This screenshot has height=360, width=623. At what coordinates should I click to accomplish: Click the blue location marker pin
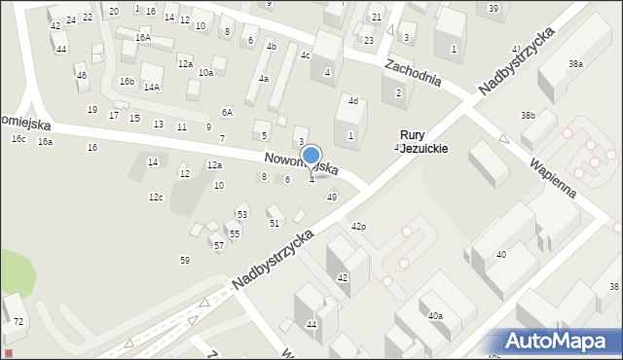coord(311,156)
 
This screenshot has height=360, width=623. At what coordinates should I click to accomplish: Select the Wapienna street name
coord(553,172)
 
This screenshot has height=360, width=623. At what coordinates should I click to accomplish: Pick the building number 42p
coord(358,227)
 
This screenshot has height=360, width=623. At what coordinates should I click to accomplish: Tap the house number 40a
coord(435,316)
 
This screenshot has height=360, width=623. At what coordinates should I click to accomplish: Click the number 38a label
coord(576,64)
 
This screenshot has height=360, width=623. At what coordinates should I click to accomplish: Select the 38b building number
coord(528,116)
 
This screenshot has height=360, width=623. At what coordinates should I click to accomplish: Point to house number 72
coord(18,321)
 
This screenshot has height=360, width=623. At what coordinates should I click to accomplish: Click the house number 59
coord(185,260)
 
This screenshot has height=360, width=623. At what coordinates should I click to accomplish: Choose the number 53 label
coord(242,214)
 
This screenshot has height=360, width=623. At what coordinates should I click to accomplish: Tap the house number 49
coord(332,198)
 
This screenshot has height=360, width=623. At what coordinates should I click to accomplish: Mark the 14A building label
coord(152,87)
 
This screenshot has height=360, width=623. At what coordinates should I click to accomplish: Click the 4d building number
coord(353,101)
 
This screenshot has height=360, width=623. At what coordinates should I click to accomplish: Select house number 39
coord(494,9)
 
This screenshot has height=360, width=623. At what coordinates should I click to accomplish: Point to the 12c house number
coord(156,198)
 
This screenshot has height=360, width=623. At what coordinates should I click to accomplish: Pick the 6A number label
coord(227,112)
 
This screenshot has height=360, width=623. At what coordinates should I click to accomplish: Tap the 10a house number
coord(205,73)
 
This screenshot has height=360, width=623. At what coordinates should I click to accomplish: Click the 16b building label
coord(127,82)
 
